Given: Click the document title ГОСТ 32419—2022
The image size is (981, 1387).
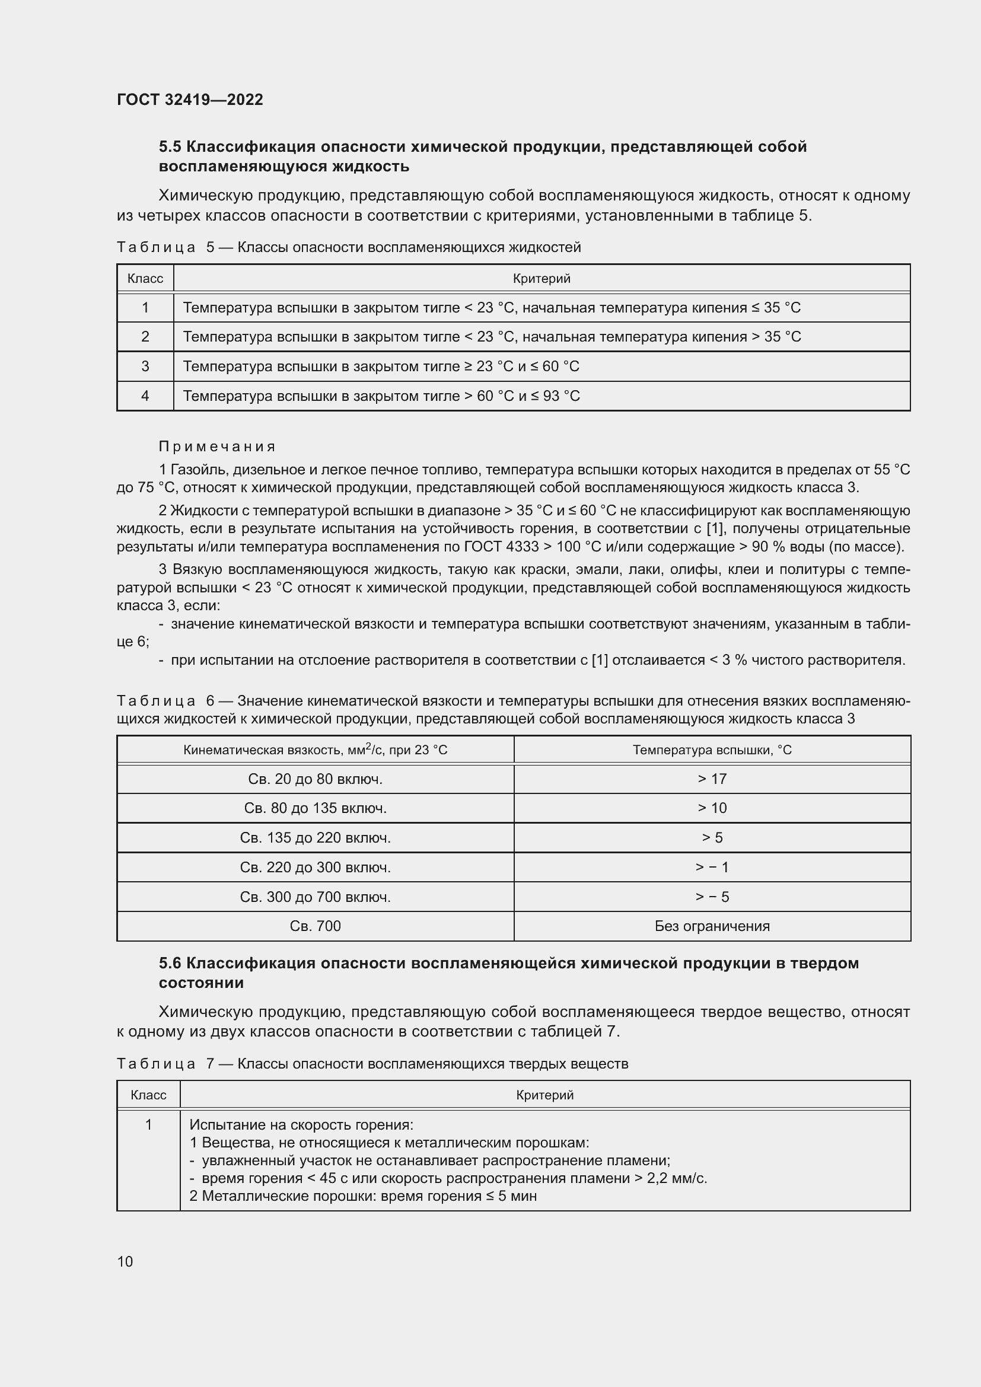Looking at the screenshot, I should [190, 100].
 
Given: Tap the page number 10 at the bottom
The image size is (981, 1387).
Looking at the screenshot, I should [125, 1261].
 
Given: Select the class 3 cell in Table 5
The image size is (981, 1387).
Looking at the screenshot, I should [145, 366].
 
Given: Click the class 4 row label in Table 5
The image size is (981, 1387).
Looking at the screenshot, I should [145, 396].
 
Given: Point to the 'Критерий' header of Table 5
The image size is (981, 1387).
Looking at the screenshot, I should [542, 279].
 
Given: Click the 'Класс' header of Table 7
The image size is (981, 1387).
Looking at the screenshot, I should [149, 1095].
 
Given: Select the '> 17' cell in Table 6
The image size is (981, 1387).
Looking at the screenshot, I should [712, 779].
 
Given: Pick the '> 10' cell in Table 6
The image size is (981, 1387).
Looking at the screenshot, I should [712, 808].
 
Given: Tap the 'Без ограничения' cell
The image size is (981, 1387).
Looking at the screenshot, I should [712, 926].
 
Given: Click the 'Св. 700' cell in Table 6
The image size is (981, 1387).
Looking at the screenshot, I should [316, 926].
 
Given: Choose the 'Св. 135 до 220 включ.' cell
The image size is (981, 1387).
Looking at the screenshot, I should [316, 838].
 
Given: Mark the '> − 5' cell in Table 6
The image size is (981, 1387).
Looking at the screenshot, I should [712, 897].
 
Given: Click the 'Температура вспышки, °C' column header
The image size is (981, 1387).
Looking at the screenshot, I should [712, 750].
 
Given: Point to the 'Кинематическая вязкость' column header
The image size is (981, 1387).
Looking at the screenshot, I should [316, 750].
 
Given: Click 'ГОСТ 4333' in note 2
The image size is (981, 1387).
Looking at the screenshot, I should [501, 547].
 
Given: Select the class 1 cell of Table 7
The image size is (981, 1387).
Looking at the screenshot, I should [149, 1125].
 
